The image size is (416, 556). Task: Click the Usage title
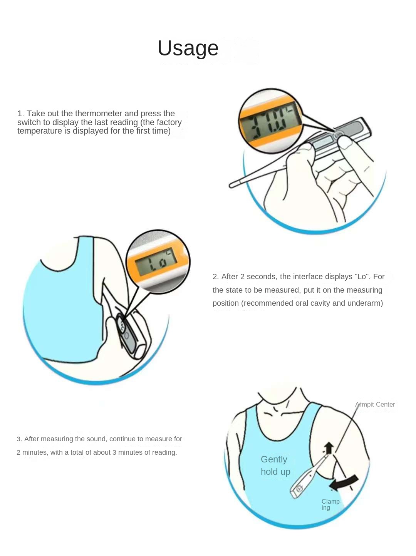pyautogui.click(x=188, y=48)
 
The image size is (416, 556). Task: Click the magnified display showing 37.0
pyautogui.click(x=271, y=121)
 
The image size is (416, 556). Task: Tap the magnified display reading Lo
pyautogui.click(x=158, y=262)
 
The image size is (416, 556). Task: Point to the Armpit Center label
pyautogui.click(x=375, y=404)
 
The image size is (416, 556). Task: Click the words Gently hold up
pyautogui.click(x=275, y=465)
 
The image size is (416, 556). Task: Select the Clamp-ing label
pyautogui.click(x=331, y=504)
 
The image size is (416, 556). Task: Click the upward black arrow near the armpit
pyautogui.click(x=329, y=448)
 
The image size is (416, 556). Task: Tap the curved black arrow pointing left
pyautogui.click(x=344, y=482)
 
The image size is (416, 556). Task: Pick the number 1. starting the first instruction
pyautogui.click(x=21, y=114)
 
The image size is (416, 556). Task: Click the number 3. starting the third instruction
pyautogui.click(x=20, y=439)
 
